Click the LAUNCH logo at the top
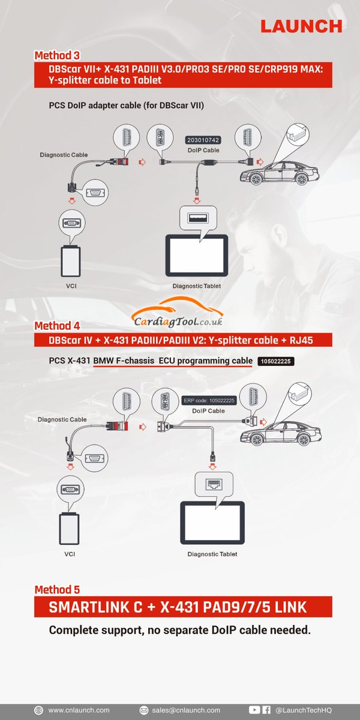[301, 26]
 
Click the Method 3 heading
[57, 56]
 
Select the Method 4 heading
[57, 326]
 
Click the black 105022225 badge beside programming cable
[277, 362]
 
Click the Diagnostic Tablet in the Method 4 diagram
[212, 522]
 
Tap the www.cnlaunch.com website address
[79, 710]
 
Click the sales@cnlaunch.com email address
[185, 710]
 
